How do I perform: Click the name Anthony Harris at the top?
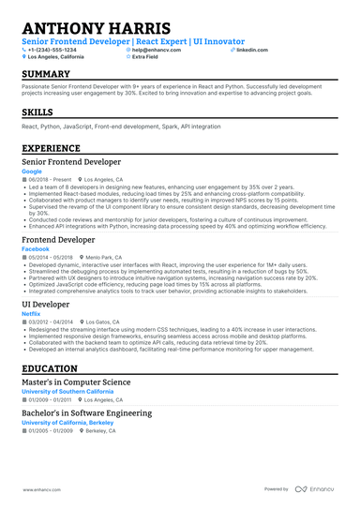click(x=96, y=28)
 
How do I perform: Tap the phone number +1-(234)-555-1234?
click(x=59, y=50)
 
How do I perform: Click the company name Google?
click(x=32, y=172)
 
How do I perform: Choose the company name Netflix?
click(x=33, y=313)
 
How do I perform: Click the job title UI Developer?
click(x=52, y=305)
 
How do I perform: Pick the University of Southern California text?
click(x=69, y=393)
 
